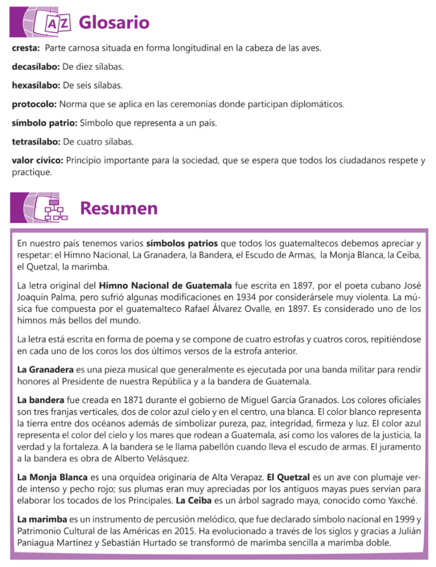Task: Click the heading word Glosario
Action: pos(114,23)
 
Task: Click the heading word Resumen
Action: pos(118,208)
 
